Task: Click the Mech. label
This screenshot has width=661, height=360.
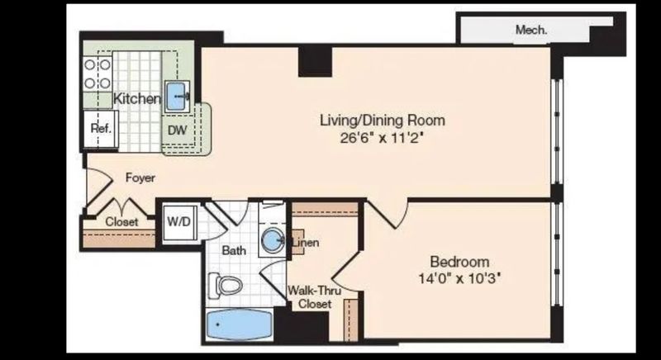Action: (531, 30)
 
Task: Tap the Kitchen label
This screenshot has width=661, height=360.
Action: (136, 99)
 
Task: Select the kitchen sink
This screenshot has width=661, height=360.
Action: (178, 97)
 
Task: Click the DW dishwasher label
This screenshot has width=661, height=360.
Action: (177, 130)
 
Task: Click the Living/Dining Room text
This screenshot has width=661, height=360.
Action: (376, 121)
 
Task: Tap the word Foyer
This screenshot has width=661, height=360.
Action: (140, 178)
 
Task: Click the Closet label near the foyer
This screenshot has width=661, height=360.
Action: (122, 221)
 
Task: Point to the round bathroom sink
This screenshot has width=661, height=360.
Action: (272, 242)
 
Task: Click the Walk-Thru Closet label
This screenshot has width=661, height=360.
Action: (310, 297)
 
